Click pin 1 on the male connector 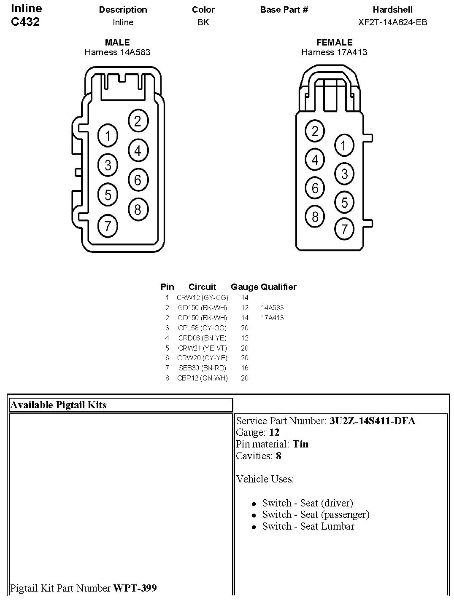108,136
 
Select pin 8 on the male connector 138,209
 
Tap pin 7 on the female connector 344,229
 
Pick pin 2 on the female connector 315,131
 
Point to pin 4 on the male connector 138,150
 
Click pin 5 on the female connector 344,202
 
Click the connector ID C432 25,22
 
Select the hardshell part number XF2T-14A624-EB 392,22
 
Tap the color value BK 203,22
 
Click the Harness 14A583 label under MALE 117,52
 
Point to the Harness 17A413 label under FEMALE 334,52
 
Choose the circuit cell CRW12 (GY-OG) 203,297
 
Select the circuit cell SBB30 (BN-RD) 203,368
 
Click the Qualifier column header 278,287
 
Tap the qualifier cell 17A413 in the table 272,318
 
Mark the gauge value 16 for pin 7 245,368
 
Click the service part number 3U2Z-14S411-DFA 372,421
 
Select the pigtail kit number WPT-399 135,588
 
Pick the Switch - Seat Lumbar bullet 308,526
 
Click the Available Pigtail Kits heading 59,405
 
